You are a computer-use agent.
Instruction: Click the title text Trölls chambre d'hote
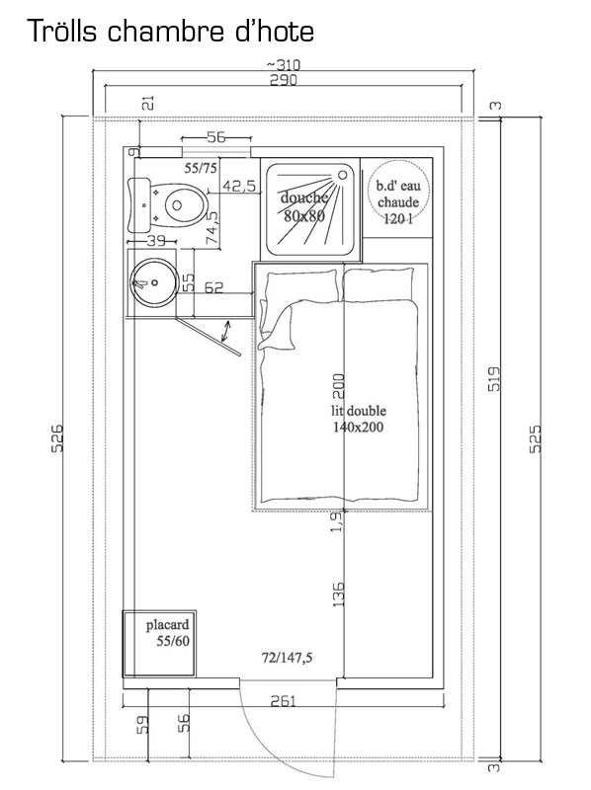tap(171, 31)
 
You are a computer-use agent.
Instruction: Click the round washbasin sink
tap(153, 283)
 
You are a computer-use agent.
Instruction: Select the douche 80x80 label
tap(303, 206)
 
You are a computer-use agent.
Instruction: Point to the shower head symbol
tap(343, 175)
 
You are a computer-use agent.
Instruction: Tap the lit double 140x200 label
tap(358, 419)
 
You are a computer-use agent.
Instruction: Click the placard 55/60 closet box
tap(159, 644)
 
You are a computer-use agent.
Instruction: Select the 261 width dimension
tap(283, 701)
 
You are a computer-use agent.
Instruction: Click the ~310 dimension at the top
tap(284, 65)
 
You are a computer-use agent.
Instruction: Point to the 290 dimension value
tap(284, 80)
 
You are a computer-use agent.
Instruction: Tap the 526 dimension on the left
tap(57, 437)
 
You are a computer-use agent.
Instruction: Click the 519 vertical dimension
tap(495, 378)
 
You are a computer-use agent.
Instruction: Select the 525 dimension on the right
tap(536, 438)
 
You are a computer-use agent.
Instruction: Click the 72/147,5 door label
tap(287, 658)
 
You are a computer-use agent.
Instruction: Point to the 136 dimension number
tap(338, 594)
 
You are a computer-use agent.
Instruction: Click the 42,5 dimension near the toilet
tap(239, 187)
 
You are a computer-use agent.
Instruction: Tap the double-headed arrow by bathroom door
tap(226, 331)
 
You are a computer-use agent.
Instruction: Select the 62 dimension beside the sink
tap(213, 287)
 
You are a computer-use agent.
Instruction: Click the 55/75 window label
tap(201, 168)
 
